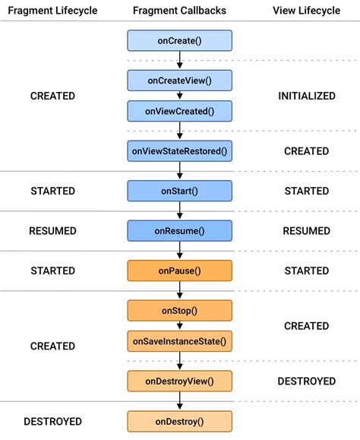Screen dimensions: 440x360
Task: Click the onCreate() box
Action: [179, 40]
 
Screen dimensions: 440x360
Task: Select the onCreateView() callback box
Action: [179, 81]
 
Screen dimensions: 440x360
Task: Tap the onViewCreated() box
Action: [179, 111]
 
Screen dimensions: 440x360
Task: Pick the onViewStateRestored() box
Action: [179, 151]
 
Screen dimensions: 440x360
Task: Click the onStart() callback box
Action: [179, 191]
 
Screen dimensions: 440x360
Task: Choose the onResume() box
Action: [179, 230]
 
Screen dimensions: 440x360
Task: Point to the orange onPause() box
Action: [179, 271]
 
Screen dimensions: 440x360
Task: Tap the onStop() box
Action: [179, 310]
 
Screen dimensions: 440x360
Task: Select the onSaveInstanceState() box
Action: [179, 340]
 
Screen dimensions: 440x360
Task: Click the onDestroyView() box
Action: [179, 381]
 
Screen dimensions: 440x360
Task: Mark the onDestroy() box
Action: [179, 421]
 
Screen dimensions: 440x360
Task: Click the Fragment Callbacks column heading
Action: [179, 10]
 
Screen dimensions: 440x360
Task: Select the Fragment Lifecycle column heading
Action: [52, 10]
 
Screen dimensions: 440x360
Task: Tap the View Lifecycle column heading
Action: [307, 10]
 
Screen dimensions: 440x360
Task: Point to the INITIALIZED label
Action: [307, 96]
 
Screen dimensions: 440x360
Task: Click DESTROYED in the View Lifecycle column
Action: [307, 381]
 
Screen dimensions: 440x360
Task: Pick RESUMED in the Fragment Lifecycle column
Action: [52, 230]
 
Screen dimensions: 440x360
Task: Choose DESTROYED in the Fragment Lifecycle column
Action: [52, 421]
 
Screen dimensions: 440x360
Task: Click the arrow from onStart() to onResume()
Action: [179, 211]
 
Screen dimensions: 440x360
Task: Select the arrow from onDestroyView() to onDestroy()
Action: [179, 400]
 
